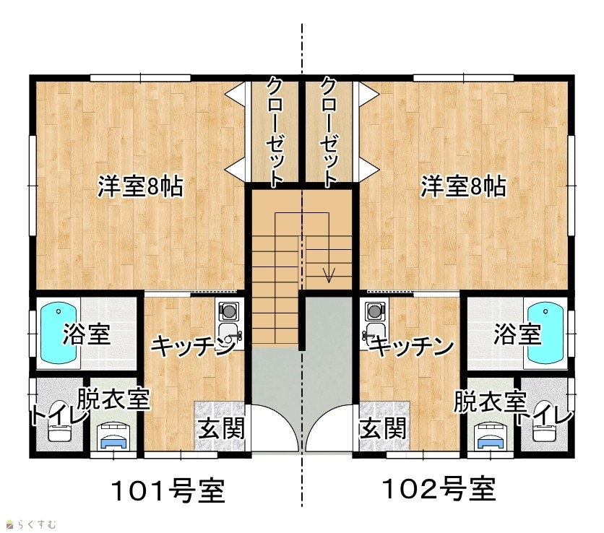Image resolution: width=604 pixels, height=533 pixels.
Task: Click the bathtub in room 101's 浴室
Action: (x=59, y=333)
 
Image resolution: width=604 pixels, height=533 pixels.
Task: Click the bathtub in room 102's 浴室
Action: (x=545, y=333)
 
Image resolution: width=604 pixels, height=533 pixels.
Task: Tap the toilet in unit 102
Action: (x=544, y=421)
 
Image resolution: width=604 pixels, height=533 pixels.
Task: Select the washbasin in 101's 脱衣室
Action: (x=113, y=435)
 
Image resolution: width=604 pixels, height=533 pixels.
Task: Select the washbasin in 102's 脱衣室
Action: (x=491, y=435)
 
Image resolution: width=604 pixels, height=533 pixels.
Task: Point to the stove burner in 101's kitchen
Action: (x=228, y=311)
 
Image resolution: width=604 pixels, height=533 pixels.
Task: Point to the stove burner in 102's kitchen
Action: (x=375, y=311)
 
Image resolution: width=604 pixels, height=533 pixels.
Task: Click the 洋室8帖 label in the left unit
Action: (x=140, y=186)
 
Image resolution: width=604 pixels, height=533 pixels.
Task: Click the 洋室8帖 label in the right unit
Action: (x=463, y=186)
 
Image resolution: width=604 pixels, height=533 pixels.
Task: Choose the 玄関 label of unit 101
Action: (x=222, y=428)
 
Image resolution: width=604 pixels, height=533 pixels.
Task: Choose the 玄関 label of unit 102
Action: (x=383, y=428)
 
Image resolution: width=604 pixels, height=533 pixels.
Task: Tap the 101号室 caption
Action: (x=168, y=490)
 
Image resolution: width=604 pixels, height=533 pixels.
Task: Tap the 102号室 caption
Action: (x=439, y=488)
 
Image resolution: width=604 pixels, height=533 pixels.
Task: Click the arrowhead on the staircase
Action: (x=329, y=275)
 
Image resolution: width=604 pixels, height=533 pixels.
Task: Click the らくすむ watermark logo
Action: (x=32, y=524)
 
